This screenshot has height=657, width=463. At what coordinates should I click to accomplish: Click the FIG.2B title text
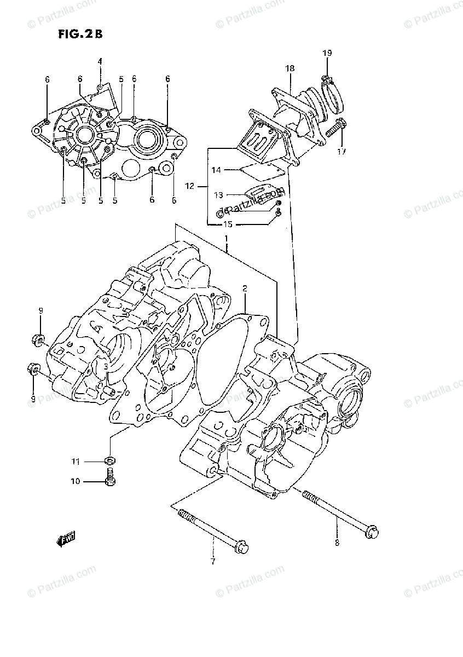pyautogui.click(x=80, y=33)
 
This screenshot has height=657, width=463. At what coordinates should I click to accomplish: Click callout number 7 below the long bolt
pyautogui.click(x=213, y=561)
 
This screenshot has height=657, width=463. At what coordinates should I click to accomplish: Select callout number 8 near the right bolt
pyautogui.click(x=337, y=543)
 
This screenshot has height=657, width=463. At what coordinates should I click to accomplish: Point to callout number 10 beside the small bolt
pyautogui.click(x=75, y=481)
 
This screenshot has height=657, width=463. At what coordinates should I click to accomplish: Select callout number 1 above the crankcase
pyautogui.click(x=225, y=239)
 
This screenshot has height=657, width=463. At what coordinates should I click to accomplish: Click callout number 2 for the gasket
pyautogui.click(x=245, y=288)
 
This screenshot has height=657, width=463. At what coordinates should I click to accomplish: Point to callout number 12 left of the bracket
pyautogui.click(x=190, y=186)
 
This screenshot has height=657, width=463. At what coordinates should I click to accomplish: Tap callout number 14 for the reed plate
pyautogui.click(x=216, y=170)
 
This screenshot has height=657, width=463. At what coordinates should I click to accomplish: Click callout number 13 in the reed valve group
pyautogui.click(x=218, y=194)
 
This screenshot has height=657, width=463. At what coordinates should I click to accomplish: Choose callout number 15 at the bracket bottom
pyautogui.click(x=227, y=224)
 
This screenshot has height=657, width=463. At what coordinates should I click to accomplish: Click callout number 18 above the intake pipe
pyautogui.click(x=290, y=68)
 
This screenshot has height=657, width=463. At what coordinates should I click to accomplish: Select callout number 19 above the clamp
pyautogui.click(x=327, y=53)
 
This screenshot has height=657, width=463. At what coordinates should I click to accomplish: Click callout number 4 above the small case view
pyautogui.click(x=100, y=61)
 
